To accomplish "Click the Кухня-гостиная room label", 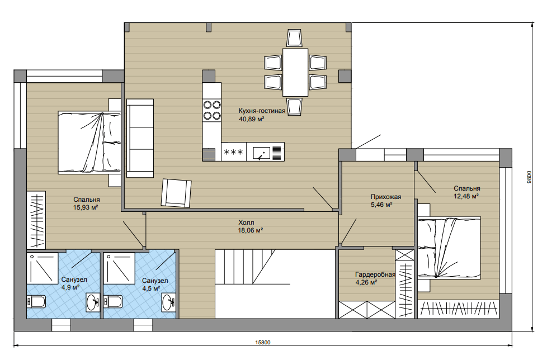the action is click(x=262, y=111).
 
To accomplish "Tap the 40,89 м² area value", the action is click(x=251, y=119).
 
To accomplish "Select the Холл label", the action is click(x=246, y=222).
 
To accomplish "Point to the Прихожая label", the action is click(x=386, y=197).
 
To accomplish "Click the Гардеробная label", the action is click(x=375, y=274).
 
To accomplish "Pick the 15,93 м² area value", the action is click(x=86, y=208).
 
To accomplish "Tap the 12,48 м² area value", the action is click(x=466, y=197).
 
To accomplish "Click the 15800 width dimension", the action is click(x=263, y=342).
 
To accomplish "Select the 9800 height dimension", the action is click(x=529, y=177).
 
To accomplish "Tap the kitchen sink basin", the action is click(x=260, y=152).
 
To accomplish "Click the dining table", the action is click(x=295, y=72).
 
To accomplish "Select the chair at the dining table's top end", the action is click(x=294, y=38).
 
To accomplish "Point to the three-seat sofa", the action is click(x=140, y=138).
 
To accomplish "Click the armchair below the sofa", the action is click(x=176, y=193).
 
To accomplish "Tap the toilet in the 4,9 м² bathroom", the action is click(x=36, y=302).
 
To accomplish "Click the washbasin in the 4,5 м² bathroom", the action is click(x=169, y=301).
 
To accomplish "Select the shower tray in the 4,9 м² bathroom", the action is click(x=42, y=268).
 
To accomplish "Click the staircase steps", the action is click(x=244, y=267).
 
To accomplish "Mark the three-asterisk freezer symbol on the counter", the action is click(x=233, y=152).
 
